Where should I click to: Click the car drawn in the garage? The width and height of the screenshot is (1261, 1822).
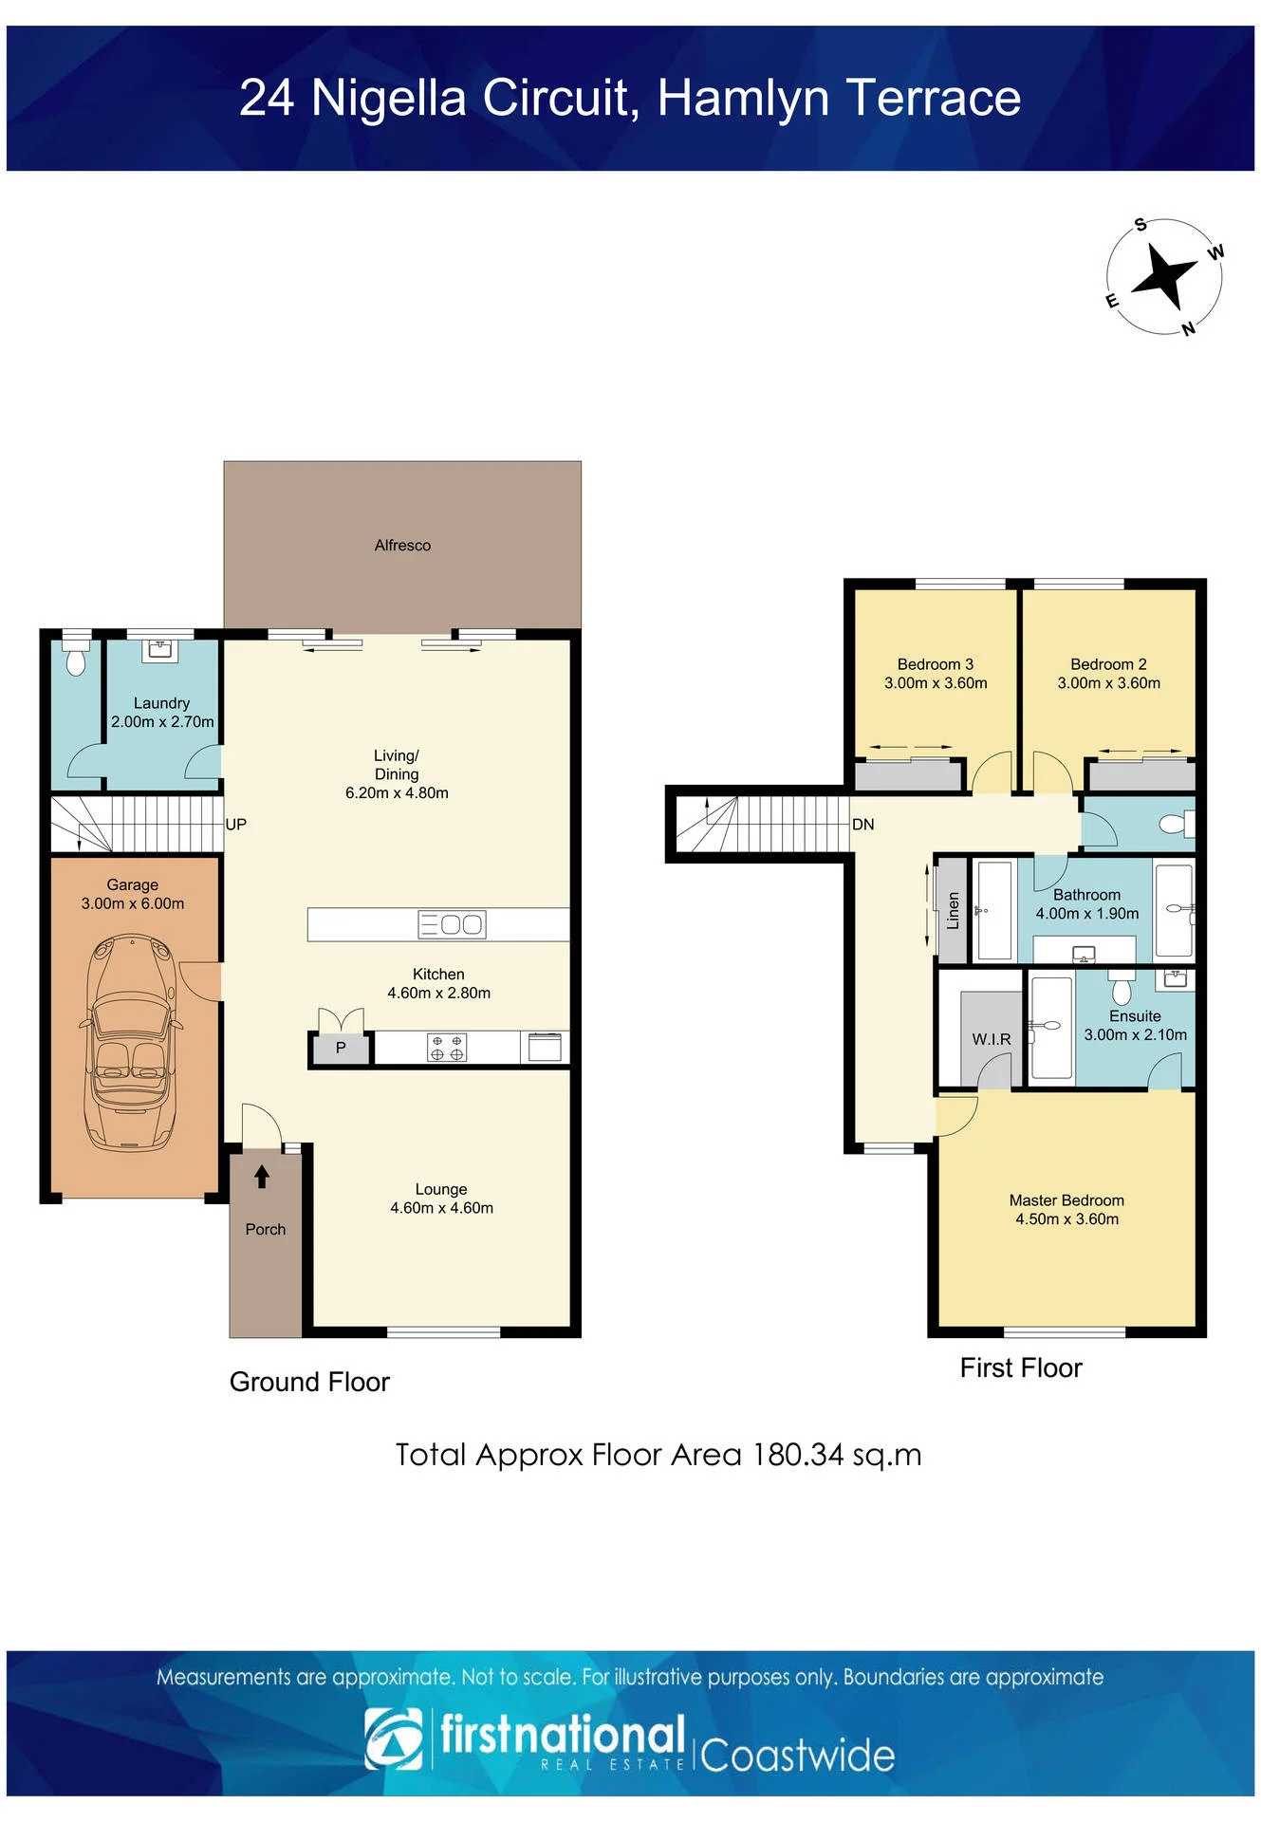coord(131,1043)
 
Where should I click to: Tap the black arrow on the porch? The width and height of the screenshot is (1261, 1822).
coord(262,1177)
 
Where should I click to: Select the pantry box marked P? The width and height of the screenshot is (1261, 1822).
coord(341,1048)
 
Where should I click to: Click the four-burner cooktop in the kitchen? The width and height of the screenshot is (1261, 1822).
coord(447,1048)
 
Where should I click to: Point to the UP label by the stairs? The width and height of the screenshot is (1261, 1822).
coord(235,825)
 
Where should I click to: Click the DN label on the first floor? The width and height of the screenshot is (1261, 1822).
coord(862,825)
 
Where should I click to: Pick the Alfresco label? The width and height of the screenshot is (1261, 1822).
coord(402,546)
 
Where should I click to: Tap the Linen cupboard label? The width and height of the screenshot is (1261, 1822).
coord(954,911)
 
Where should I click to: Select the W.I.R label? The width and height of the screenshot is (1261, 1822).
coord(992,1039)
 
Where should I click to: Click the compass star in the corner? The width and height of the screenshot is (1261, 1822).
coord(1163,276)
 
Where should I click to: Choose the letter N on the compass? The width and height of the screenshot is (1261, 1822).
coord(1188,328)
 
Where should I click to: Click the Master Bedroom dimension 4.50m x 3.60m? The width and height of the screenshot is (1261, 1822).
coord(1066,1219)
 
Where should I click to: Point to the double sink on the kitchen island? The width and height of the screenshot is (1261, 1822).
coord(452,924)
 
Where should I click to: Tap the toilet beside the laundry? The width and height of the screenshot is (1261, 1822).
coord(76,656)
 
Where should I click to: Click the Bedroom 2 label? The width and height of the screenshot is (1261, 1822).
coord(1108,664)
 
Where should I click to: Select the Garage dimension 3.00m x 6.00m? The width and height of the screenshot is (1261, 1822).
coord(133,903)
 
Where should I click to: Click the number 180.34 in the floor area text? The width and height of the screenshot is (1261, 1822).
coord(798,1455)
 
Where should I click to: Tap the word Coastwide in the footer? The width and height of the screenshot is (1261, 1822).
coord(798,1756)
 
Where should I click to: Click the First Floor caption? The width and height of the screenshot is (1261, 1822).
coord(1021,1367)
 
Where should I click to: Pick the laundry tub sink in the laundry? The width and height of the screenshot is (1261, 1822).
coord(159,650)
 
